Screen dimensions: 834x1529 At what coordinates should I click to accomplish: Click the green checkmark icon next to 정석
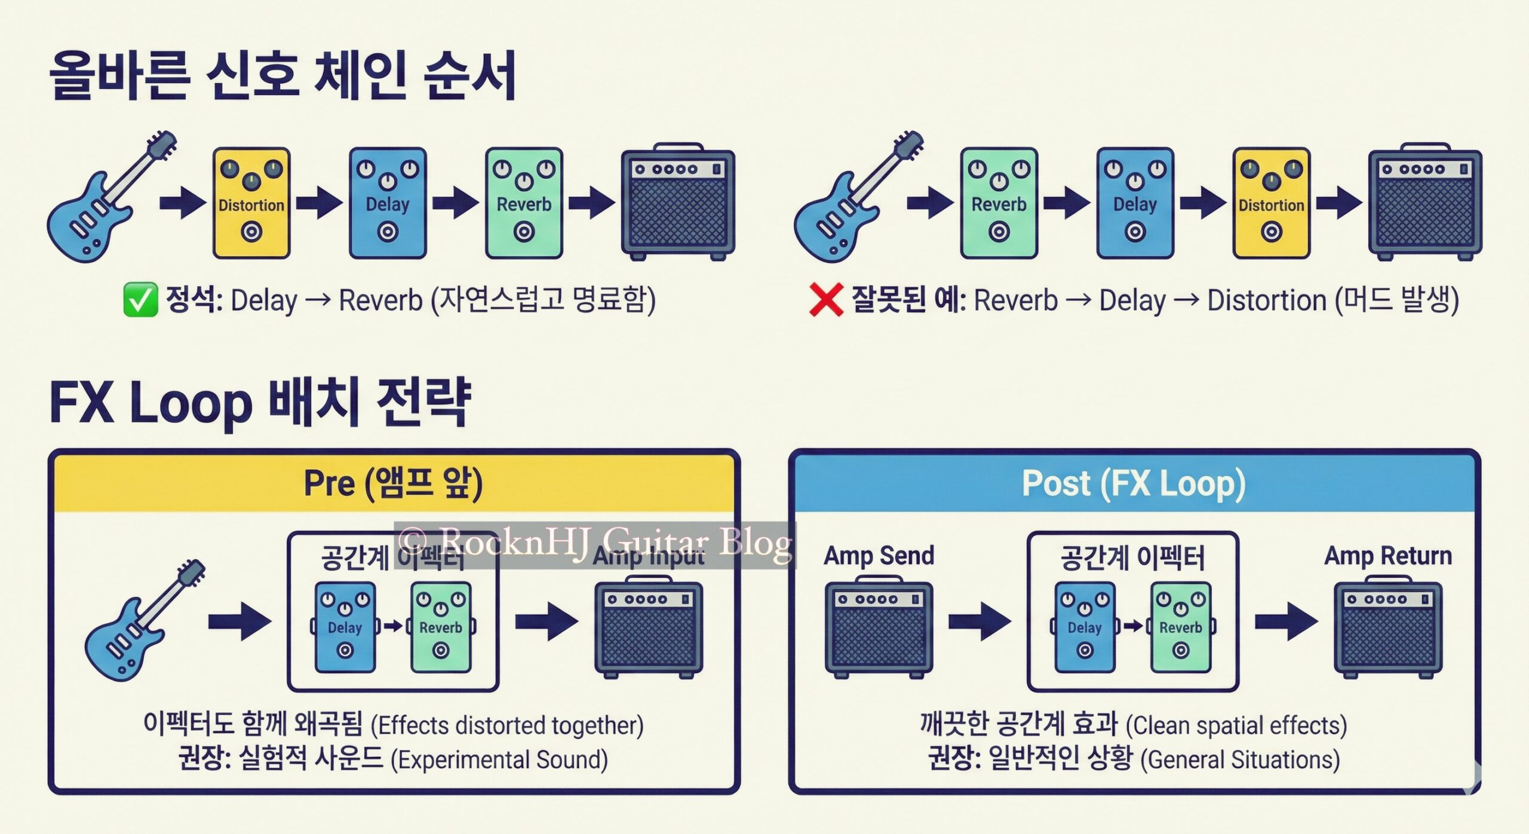coord(140,299)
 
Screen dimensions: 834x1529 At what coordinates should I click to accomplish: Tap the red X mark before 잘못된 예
coord(826,300)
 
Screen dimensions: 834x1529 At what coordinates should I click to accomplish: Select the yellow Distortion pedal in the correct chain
coord(251,203)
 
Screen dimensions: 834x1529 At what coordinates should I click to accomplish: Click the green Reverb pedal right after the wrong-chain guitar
coord(999,203)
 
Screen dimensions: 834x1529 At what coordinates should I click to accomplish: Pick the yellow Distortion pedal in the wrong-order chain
coord(1271,203)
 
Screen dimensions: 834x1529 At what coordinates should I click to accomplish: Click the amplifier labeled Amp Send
coord(879,627)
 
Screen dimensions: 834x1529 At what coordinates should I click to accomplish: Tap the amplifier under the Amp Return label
coord(1388,627)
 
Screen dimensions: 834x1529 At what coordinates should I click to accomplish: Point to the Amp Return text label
coord(1387,556)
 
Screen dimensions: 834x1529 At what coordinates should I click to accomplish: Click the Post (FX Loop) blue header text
coord(1133,483)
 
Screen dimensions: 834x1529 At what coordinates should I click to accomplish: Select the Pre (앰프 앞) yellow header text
coord(393,483)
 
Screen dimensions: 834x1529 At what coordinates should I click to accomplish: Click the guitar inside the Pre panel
coord(143,621)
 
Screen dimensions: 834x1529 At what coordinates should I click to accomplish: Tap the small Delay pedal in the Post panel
coord(1085,627)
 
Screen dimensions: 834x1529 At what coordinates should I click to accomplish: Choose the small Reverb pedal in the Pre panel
coord(441,627)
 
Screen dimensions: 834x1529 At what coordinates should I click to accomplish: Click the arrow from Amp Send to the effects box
coord(980,622)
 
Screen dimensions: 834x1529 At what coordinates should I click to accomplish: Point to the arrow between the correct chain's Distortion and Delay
coord(320,203)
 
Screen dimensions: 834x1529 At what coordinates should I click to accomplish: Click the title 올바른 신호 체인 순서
coord(283,76)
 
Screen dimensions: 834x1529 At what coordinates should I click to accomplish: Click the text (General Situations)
coord(1240,760)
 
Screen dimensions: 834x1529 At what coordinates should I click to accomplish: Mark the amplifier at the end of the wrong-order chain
coord(1425,203)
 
